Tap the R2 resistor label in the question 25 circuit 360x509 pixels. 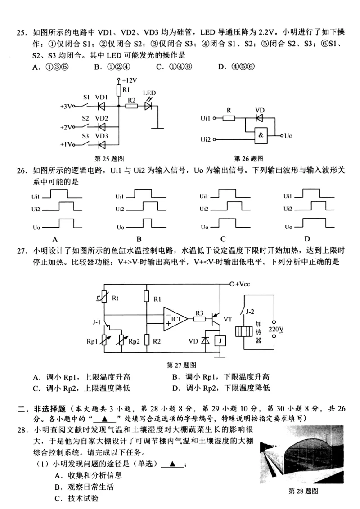(x=131, y=99)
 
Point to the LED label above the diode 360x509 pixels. (x=149, y=93)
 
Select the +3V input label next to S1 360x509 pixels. (x=66, y=107)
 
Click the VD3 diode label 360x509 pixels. (x=102, y=136)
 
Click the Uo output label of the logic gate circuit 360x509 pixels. (x=288, y=135)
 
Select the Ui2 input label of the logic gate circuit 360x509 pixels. (x=205, y=140)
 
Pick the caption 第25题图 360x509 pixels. (x=109, y=159)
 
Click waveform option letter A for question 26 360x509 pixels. (x=55, y=239)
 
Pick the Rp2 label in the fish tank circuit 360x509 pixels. (x=134, y=342)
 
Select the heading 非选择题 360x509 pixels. (x=48, y=409)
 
